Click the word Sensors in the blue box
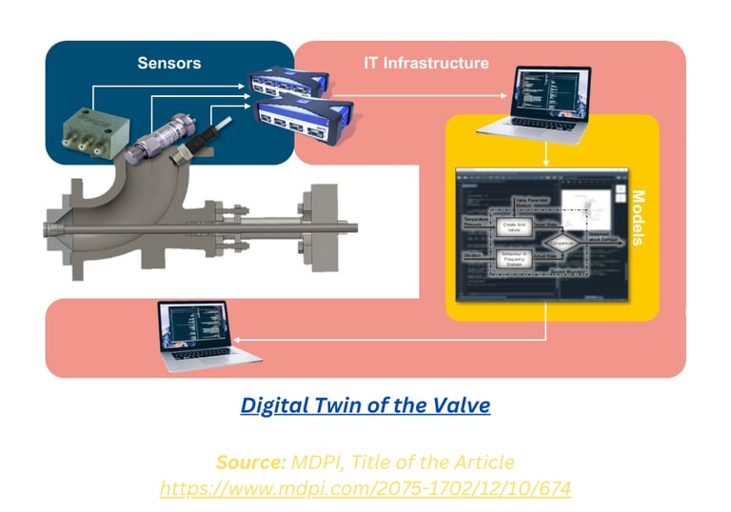tap(169, 64)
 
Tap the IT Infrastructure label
tap(426, 64)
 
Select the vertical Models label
tap(638, 219)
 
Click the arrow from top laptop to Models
tap(545, 154)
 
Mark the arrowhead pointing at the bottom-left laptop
tap(238, 340)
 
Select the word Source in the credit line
tap(249, 463)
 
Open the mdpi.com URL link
tap(365, 487)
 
